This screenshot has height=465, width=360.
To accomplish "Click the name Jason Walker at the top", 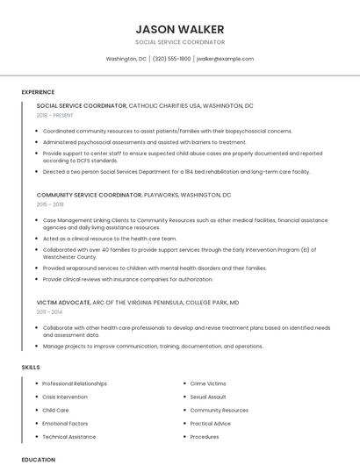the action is click(180, 29).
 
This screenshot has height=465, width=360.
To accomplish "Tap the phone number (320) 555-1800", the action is click(171, 59).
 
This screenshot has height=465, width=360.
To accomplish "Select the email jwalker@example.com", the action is click(225, 59).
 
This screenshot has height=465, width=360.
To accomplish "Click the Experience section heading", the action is click(38, 92).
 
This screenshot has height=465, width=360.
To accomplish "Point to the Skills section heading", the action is click(31, 365).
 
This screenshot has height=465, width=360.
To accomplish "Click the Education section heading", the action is click(38, 459).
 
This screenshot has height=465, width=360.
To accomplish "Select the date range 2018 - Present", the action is click(54, 115).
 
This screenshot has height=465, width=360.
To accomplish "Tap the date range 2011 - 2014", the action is click(50, 311).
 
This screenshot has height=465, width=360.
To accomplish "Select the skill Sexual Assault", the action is click(208, 397).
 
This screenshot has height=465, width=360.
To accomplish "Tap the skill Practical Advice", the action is click(211, 423).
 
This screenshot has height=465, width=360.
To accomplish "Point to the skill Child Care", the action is click(55, 410).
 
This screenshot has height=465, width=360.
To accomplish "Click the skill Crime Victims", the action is click(208, 383).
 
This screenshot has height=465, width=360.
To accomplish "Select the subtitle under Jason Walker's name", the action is click(180, 42).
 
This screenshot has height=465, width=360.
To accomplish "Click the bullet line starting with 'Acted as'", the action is click(110, 238).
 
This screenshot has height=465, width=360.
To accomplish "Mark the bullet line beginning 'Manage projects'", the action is click(152, 346).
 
